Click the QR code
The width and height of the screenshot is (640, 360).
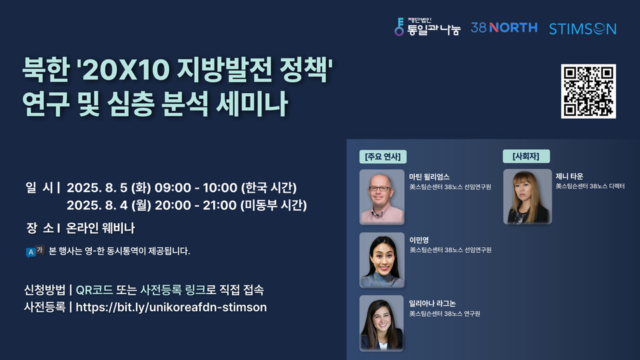click(588, 91)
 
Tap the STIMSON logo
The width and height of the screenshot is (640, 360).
click(582, 29)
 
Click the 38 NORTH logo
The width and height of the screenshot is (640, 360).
click(503, 27)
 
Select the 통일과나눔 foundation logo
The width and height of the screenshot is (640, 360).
click(427, 27)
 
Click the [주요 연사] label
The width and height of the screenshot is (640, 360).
click(382, 157)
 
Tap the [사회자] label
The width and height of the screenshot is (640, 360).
click(525, 157)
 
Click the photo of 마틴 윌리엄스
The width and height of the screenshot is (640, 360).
click(382, 197)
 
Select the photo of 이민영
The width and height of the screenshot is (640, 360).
click(382, 259)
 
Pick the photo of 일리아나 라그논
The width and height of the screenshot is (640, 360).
click(382, 323)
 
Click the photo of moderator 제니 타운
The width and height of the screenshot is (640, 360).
click(527, 197)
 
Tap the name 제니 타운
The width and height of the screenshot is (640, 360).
click(569, 177)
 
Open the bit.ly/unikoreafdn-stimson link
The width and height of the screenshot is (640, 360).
click(171, 307)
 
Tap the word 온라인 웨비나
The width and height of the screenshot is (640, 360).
click(101, 228)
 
